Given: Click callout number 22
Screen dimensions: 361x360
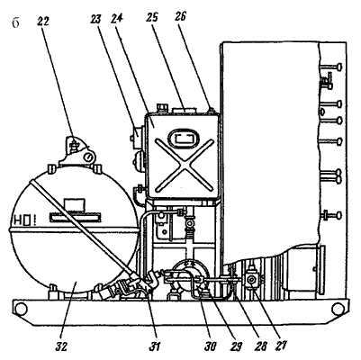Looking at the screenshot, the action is (x=43, y=22).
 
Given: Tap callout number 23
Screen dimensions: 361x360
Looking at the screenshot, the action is (x=96, y=19).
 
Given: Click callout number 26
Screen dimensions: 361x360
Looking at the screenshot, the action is (x=181, y=17).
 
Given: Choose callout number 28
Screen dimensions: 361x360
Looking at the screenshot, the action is (x=260, y=346).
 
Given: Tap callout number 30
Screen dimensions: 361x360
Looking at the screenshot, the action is (x=211, y=346).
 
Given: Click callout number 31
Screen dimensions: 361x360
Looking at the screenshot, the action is (x=155, y=346).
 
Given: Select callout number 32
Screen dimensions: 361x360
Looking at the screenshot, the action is (x=61, y=346).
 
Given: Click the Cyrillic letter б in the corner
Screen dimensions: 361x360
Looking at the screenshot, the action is (x=15, y=23).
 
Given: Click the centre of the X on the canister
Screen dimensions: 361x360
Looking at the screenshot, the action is (x=184, y=165).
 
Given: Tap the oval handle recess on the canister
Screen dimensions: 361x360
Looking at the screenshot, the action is (x=184, y=139).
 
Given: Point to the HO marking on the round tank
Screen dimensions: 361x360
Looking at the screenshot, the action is (x=22, y=221).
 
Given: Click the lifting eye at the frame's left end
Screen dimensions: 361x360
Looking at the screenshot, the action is (x=22, y=309).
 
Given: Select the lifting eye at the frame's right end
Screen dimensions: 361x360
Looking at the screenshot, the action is (x=338, y=309).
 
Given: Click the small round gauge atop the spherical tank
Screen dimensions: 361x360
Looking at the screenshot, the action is (x=88, y=157).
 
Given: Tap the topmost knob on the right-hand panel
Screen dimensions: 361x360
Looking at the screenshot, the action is (x=339, y=67).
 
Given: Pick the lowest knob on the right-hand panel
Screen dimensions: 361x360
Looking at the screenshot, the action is (x=339, y=215).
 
